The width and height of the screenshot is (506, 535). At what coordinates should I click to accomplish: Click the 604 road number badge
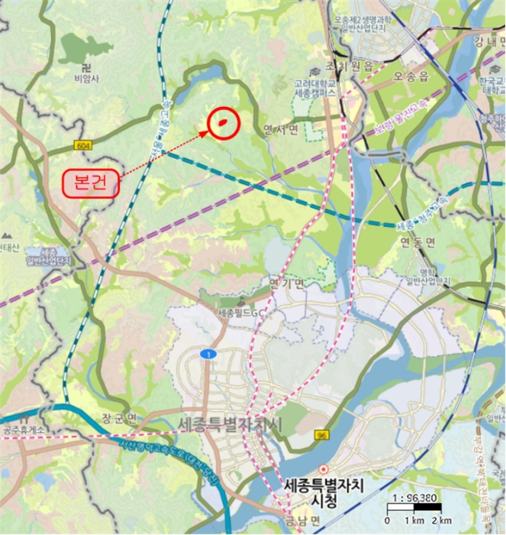83,145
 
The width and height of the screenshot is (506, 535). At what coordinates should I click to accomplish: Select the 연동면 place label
417,243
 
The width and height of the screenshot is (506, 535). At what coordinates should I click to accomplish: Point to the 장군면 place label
118,418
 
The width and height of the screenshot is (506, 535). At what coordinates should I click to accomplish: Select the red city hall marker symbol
324,468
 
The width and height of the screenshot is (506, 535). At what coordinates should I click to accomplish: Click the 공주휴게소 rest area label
25,429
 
